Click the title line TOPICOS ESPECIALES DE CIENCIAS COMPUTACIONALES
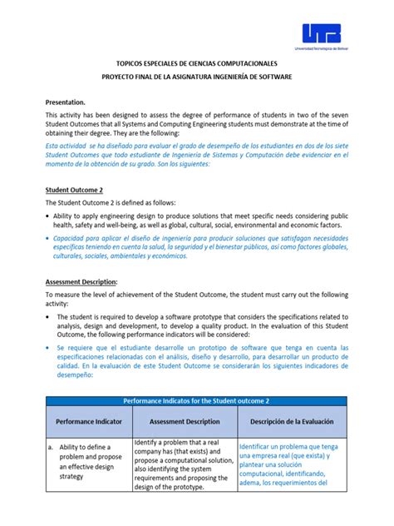pos(196,63)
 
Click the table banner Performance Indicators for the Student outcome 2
pos(196,401)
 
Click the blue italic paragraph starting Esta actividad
pos(196,153)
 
